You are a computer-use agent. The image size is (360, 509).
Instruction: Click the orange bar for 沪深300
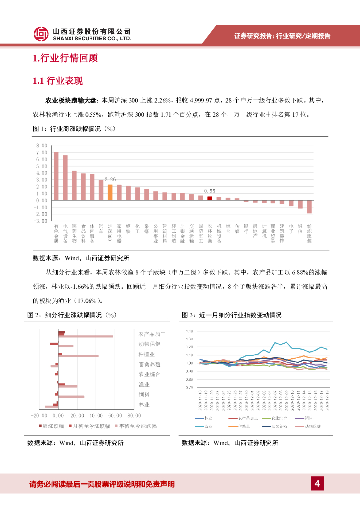point(110,192)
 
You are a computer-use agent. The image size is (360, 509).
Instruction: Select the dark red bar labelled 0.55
point(210,198)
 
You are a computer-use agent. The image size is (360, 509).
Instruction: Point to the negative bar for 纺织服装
point(309,207)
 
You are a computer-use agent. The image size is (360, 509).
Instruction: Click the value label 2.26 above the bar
point(110,179)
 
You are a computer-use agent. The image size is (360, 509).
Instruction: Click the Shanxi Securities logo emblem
point(41,34)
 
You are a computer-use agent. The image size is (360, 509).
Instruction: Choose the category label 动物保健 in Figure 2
point(149,344)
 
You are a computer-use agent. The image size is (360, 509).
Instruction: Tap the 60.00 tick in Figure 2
point(114,415)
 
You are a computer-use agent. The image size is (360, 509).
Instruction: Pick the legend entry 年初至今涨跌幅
point(137,426)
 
